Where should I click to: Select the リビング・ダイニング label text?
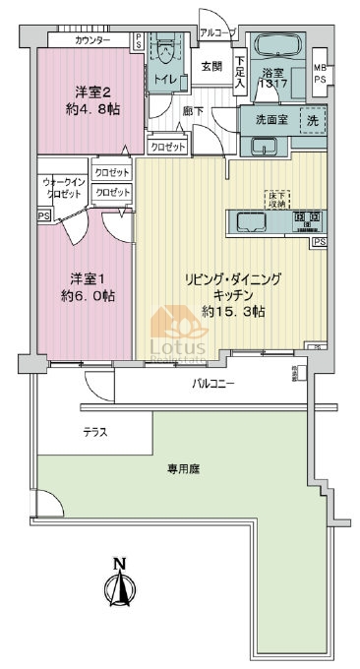[x=234, y=279]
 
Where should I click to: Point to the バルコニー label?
[x=213, y=384]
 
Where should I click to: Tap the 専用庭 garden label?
[x=183, y=470]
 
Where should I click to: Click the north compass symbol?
[x=119, y=590]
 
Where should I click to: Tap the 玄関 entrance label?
[x=211, y=67]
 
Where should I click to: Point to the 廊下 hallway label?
[x=192, y=111]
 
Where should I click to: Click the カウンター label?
[x=92, y=40]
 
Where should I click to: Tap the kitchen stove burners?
[x=305, y=217]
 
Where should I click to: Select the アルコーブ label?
[x=217, y=32]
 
